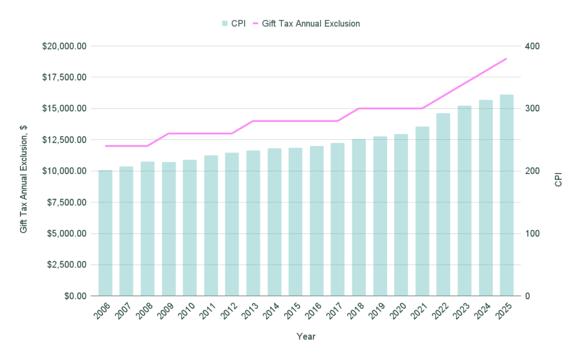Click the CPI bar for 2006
tap(105, 233)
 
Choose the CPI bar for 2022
tap(443, 205)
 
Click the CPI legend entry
tap(234, 23)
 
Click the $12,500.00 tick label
tap(64, 140)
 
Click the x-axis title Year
tap(306, 337)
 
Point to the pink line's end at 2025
tap(506, 59)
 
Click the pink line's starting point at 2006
tap(105, 146)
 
